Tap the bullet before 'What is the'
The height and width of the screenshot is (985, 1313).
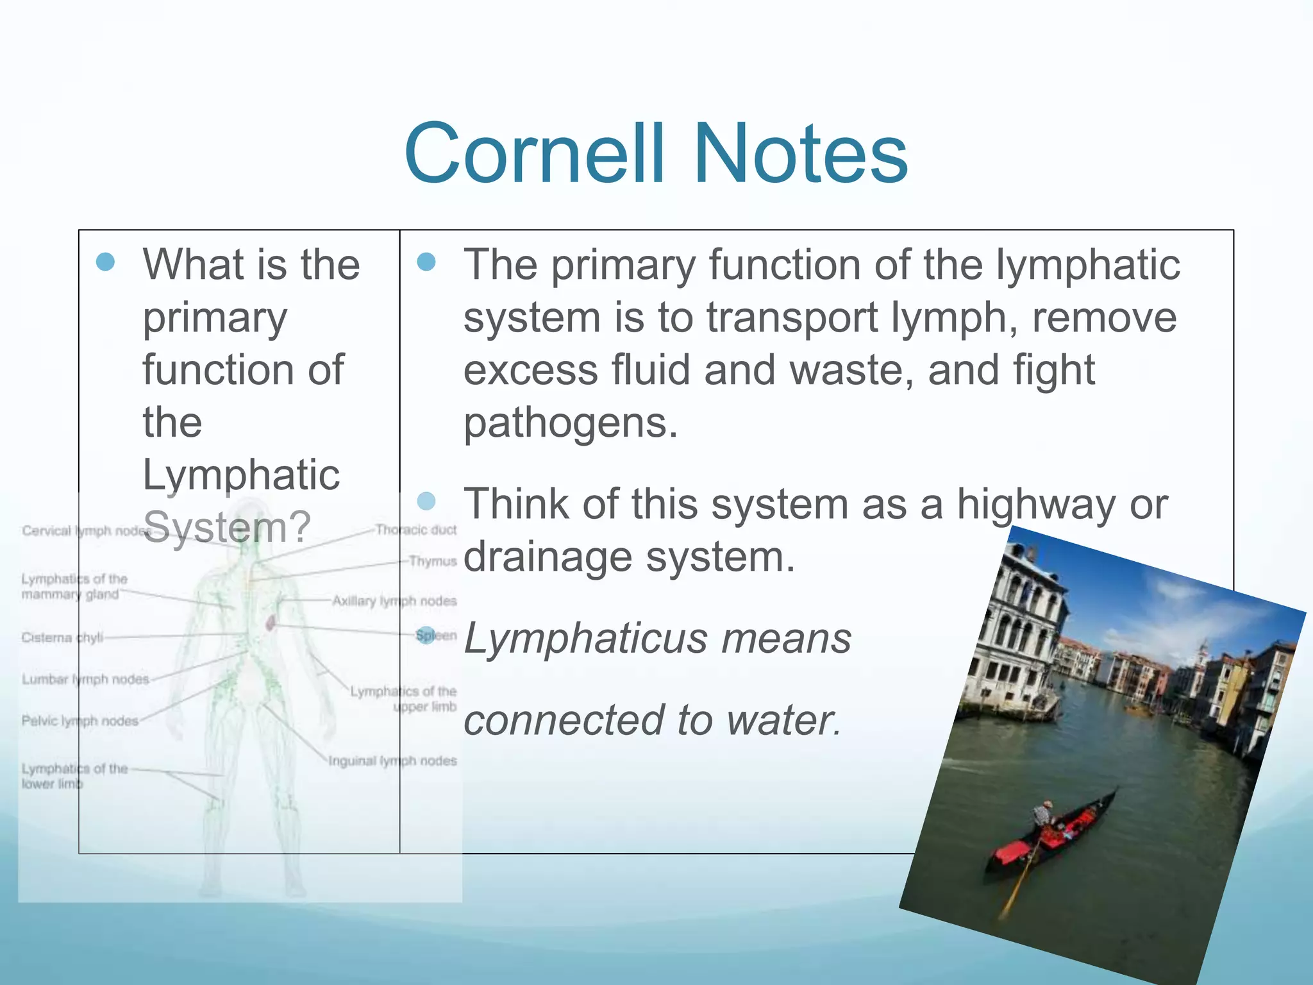pyautogui.click(x=105, y=262)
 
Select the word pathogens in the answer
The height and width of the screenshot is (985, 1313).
pyautogui.click(x=571, y=423)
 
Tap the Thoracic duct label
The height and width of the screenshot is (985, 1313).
pyautogui.click(x=415, y=530)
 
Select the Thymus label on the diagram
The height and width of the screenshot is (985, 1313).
pyautogui.click(x=433, y=561)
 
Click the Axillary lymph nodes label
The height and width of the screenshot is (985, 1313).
pyautogui.click(x=394, y=601)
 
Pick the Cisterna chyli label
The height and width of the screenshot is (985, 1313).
pyautogui.click(x=62, y=637)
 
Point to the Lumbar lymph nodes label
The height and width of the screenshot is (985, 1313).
pyautogui.click(x=85, y=679)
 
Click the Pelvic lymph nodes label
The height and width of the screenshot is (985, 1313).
pyautogui.click(x=79, y=721)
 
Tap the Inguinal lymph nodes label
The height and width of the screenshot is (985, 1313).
pyautogui.click(x=392, y=761)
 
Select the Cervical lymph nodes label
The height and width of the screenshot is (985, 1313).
pyautogui.click(x=83, y=531)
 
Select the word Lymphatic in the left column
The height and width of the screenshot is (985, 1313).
pyautogui.click(x=241, y=475)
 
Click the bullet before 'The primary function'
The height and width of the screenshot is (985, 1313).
pyautogui.click(x=426, y=262)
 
